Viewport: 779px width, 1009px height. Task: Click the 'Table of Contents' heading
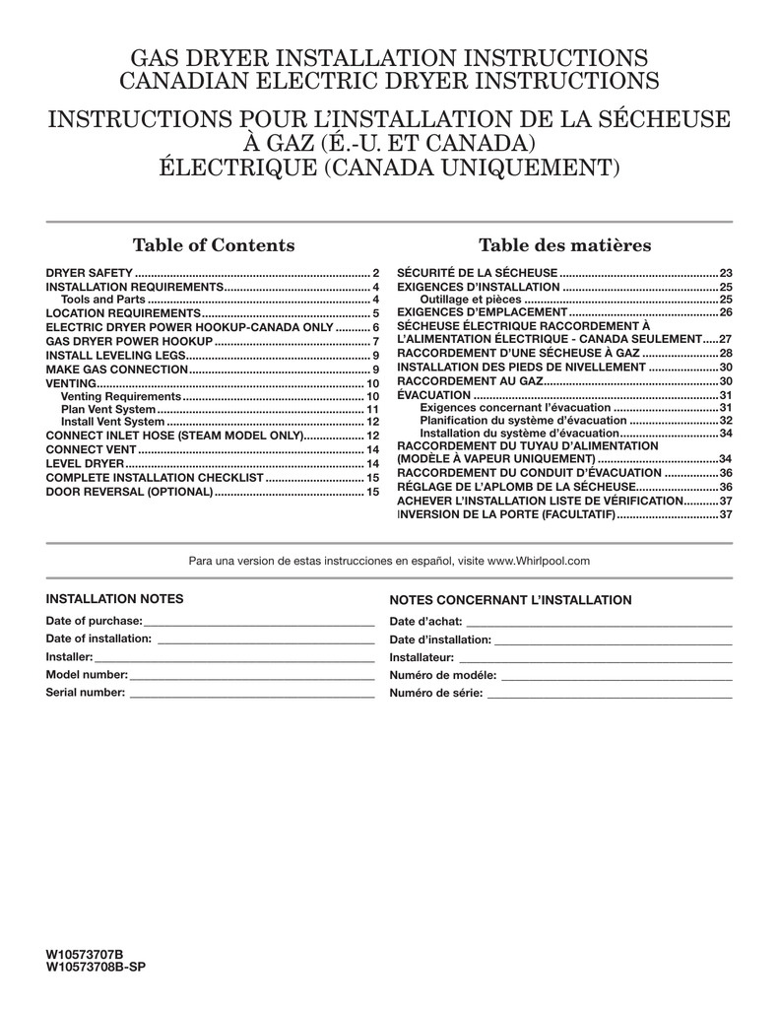(x=213, y=245)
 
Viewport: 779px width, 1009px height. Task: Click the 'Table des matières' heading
(x=564, y=245)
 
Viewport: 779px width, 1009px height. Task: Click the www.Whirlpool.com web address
(x=539, y=561)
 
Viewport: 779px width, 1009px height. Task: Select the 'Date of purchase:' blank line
(x=259, y=622)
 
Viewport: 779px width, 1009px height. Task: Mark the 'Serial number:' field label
(x=87, y=693)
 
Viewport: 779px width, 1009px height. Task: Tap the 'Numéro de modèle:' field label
(x=444, y=676)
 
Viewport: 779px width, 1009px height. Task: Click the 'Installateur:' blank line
(x=596, y=657)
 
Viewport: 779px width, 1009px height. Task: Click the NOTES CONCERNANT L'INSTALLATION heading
(x=511, y=599)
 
